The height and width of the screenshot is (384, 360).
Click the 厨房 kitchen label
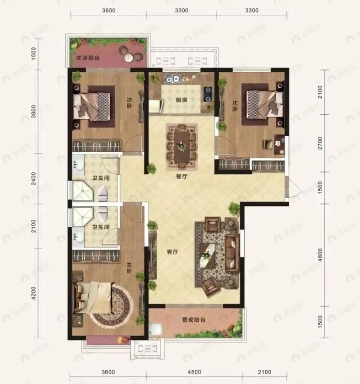(182, 100)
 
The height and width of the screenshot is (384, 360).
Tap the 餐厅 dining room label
(182, 176)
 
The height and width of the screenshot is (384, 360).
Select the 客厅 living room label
(172, 252)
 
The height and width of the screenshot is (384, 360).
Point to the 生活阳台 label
(88, 58)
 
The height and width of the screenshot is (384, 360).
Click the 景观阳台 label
(193, 320)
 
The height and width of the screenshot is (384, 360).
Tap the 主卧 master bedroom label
(129, 268)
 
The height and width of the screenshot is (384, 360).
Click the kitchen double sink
(172, 79)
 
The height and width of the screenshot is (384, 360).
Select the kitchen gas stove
(208, 94)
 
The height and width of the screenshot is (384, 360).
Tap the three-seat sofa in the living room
(232, 253)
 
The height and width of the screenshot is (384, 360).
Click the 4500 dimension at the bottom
(194, 372)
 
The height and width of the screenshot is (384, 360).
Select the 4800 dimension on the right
(320, 255)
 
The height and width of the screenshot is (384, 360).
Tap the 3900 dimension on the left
(34, 112)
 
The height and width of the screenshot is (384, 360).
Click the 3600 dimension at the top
(109, 10)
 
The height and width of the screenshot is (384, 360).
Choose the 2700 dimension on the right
(320, 143)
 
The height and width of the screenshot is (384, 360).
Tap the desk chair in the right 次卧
(267, 144)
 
